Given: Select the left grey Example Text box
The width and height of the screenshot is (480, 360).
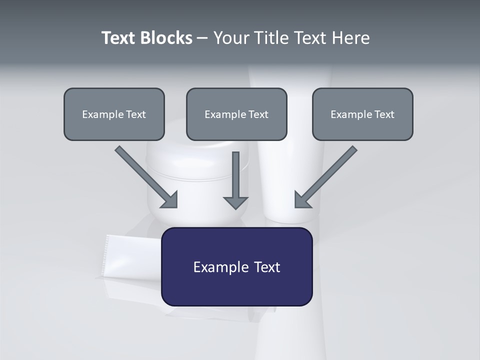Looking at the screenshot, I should pyautogui.click(x=114, y=114).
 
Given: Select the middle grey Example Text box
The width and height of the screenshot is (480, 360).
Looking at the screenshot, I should pyautogui.click(x=236, y=114).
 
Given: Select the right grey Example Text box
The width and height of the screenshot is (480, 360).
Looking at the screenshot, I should pyautogui.click(x=362, y=114).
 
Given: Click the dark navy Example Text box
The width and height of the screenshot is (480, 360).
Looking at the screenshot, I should pyautogui.click(x=236, y=266).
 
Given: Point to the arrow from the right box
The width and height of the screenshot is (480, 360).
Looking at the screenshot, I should pyautogui.click(x=327, y=175).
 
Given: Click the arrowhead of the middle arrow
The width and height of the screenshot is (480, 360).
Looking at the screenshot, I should pyautogui.click(x=236, y=202).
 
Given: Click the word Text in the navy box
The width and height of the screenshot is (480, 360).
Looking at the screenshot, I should pyautogui.click(x=266, y=267).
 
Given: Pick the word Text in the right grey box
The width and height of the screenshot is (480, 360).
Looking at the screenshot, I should pyautogui.click(x=384, y=114).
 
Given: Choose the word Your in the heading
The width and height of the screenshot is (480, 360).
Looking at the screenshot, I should pyautogui.click(x=232, y=38).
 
